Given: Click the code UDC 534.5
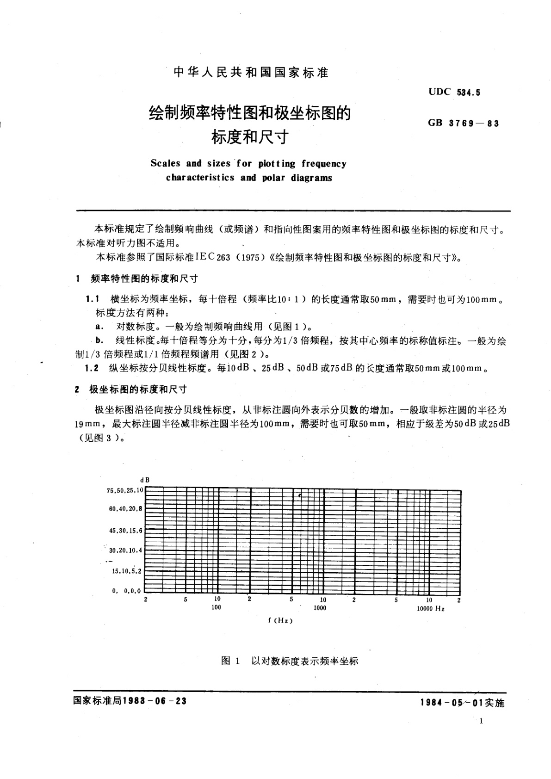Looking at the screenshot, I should pyautogui.click(x=454, y=92).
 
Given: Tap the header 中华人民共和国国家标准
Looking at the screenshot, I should pyautogui.click(x=250, y=73).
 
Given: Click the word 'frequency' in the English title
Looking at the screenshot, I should pyautogui.click(x=323, y=164).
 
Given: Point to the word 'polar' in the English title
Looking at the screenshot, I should pyautogui.click(x=273, y=178).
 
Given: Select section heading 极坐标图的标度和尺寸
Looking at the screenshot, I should pyautogui.click(x=137, y=389).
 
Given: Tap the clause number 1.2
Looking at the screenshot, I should pyautogui.click(x=92, y=369).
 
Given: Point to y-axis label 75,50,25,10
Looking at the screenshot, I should pyautogui.click(x=125, y=490).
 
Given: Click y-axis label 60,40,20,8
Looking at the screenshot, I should pyautogui.click(x=125, y=509).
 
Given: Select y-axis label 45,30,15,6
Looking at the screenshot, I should pyautogui.click(x=125, y=531).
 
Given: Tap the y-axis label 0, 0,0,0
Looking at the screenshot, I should pyautogui.click(x=126, y=591).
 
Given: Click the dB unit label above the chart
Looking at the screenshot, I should pyautogui.click(x=145, y=480).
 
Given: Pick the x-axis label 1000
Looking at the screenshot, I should pyautogui.click(x=320, y=608).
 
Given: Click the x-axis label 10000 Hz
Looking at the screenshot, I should pyautogui.click(x=430, y=609).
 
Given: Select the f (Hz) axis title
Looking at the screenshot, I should pyautogui.click(x=280, y=621).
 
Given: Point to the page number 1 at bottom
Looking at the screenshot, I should pyautogui.click(x=482, y=721).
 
